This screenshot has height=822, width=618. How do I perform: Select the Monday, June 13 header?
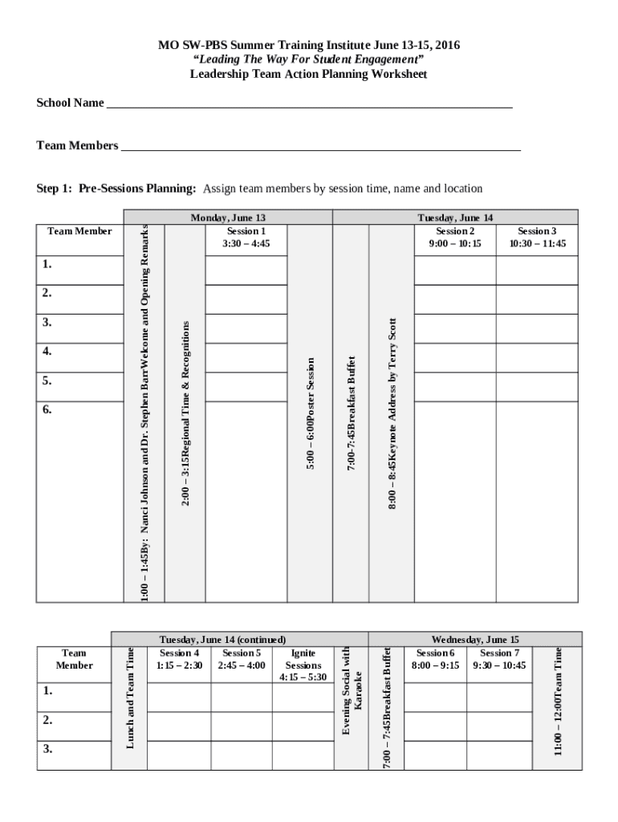tap(228, 218)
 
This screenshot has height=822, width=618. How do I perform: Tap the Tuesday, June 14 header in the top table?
tap(455, 218)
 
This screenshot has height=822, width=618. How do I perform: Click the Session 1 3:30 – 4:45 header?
tap(246, 237)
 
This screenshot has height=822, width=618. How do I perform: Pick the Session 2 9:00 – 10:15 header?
tap(454, 237)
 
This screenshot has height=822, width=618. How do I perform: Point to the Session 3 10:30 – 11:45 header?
tap(537, 237)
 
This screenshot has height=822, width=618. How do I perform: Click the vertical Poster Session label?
tap(310, 413)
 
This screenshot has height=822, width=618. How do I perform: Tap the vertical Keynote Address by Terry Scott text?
tap(392, 413)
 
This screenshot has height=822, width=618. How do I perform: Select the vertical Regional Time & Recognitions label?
tap(185, 413)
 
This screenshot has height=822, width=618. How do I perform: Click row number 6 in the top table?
tap(47, 409)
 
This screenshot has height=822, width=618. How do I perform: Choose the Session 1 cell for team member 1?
tap(246, 271)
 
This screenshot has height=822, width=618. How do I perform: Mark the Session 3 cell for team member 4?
tap(537, 357)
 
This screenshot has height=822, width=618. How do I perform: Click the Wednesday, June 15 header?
tap(475, 640)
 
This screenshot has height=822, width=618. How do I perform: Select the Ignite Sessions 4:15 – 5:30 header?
tap(303, 665)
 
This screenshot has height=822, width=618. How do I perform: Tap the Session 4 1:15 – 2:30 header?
tap(179, 660)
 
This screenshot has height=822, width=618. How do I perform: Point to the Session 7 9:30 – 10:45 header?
tap(499, 660)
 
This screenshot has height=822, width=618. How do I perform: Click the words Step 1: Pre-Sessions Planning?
tap(116, 189)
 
